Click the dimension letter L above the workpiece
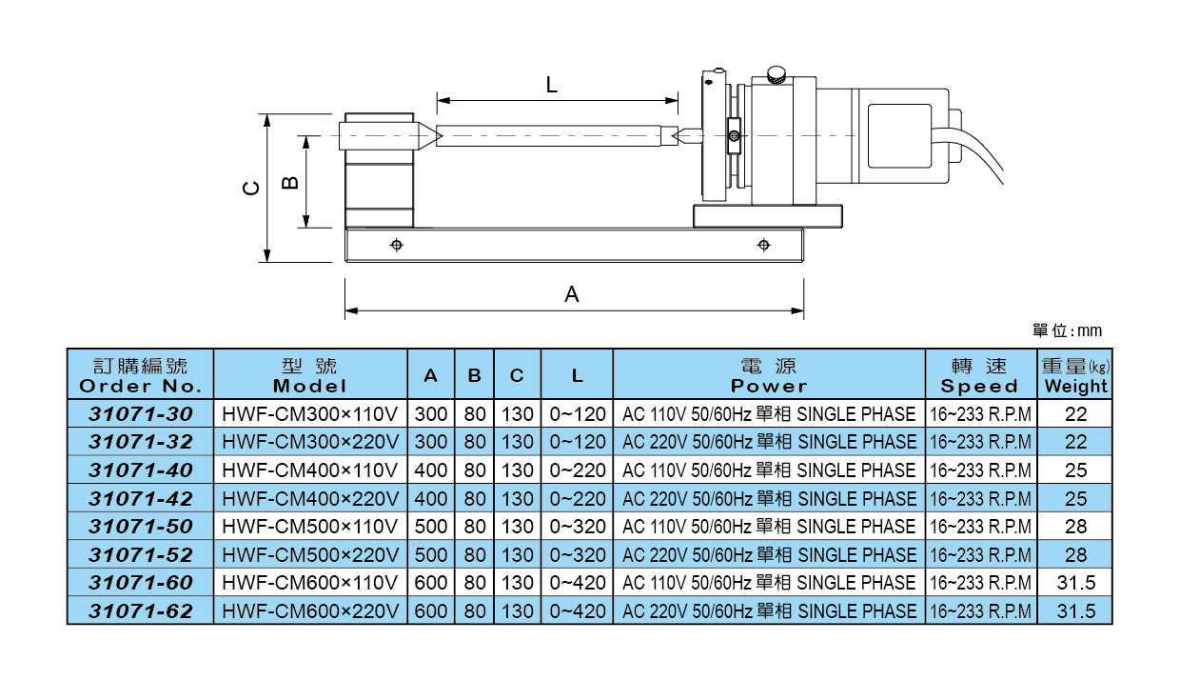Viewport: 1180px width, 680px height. click(x=552, y=85)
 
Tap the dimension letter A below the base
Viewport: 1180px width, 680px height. click(x=572, y=295)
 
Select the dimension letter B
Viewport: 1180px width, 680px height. click(x=291, y=181)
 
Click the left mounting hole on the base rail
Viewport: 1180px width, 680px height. click(x=397, y=246)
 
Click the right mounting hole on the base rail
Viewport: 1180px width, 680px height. click(x=763, y=246)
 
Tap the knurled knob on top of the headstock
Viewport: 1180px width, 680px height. click(x=777, y=73)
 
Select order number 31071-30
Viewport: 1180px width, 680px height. click(x=141, y=414)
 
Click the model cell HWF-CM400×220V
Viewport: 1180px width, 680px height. click(x=310, y=498)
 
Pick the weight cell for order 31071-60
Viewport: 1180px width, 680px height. click(x=1075, y=583)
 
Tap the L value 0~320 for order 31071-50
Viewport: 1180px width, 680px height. click(x=578, y=527)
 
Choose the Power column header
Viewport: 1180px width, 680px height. click(x=769, y=376)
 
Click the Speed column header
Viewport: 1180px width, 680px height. click(x=980, y=376)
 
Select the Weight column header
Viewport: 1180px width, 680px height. click(x=1075, y=376)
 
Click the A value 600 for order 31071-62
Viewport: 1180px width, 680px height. click(x=431, y=611)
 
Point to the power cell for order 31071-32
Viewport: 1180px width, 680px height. click(x=769, y=442)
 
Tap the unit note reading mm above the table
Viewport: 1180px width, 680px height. click(x=1067, y=331)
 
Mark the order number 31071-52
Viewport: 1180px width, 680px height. click(x=141, y=554)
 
